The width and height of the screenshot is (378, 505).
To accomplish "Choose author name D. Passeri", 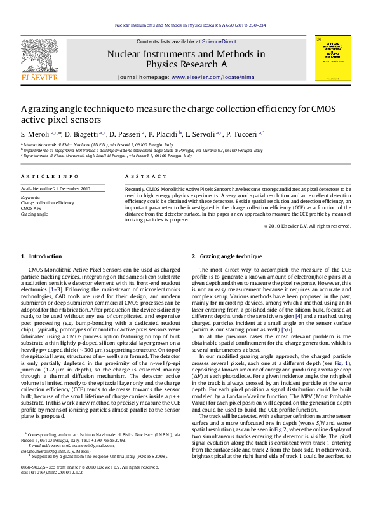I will click(125, 134).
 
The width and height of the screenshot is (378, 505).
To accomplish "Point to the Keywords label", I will click(30, 197).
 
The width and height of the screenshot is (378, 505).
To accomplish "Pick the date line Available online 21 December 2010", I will click(56, 188).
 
